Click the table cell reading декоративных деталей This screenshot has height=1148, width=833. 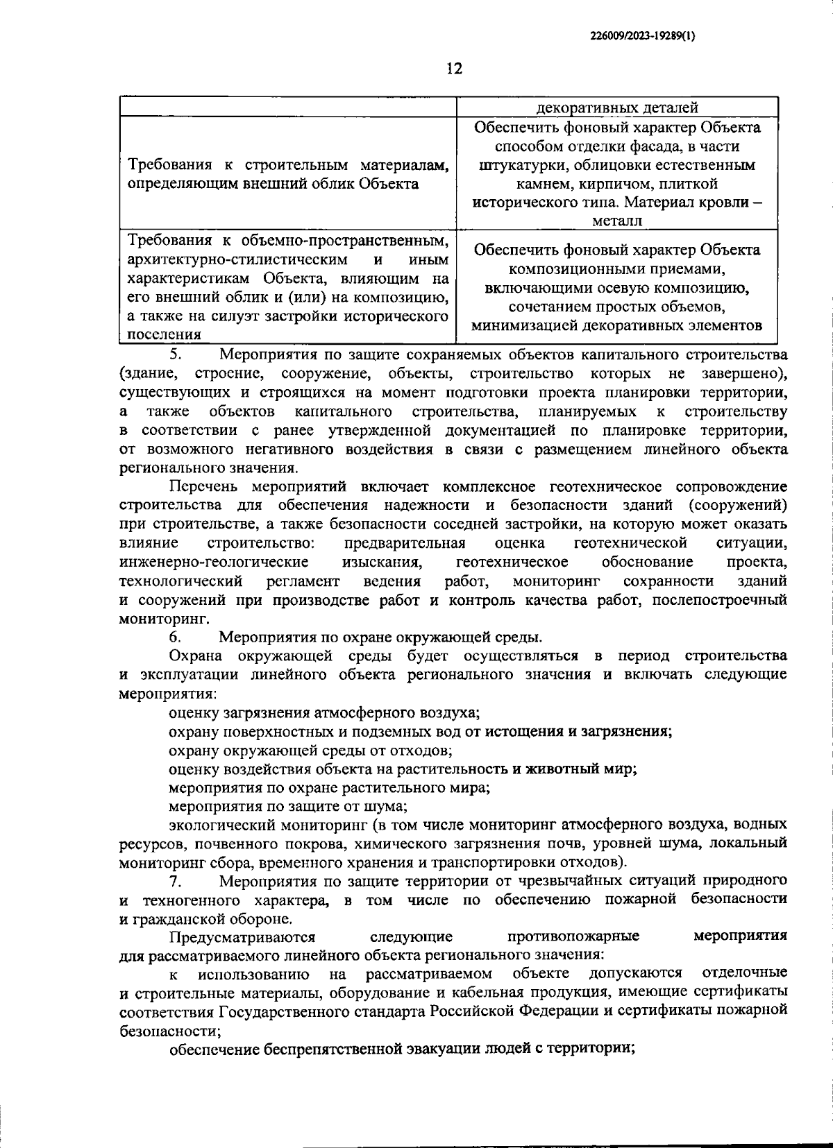pos(616,108)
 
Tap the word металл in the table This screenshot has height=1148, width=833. pos(616,221)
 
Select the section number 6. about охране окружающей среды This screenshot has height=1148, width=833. pos(175,636)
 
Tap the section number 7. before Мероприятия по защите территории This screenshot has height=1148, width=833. pos(175,881)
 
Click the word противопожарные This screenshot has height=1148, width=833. pos(573,936)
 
